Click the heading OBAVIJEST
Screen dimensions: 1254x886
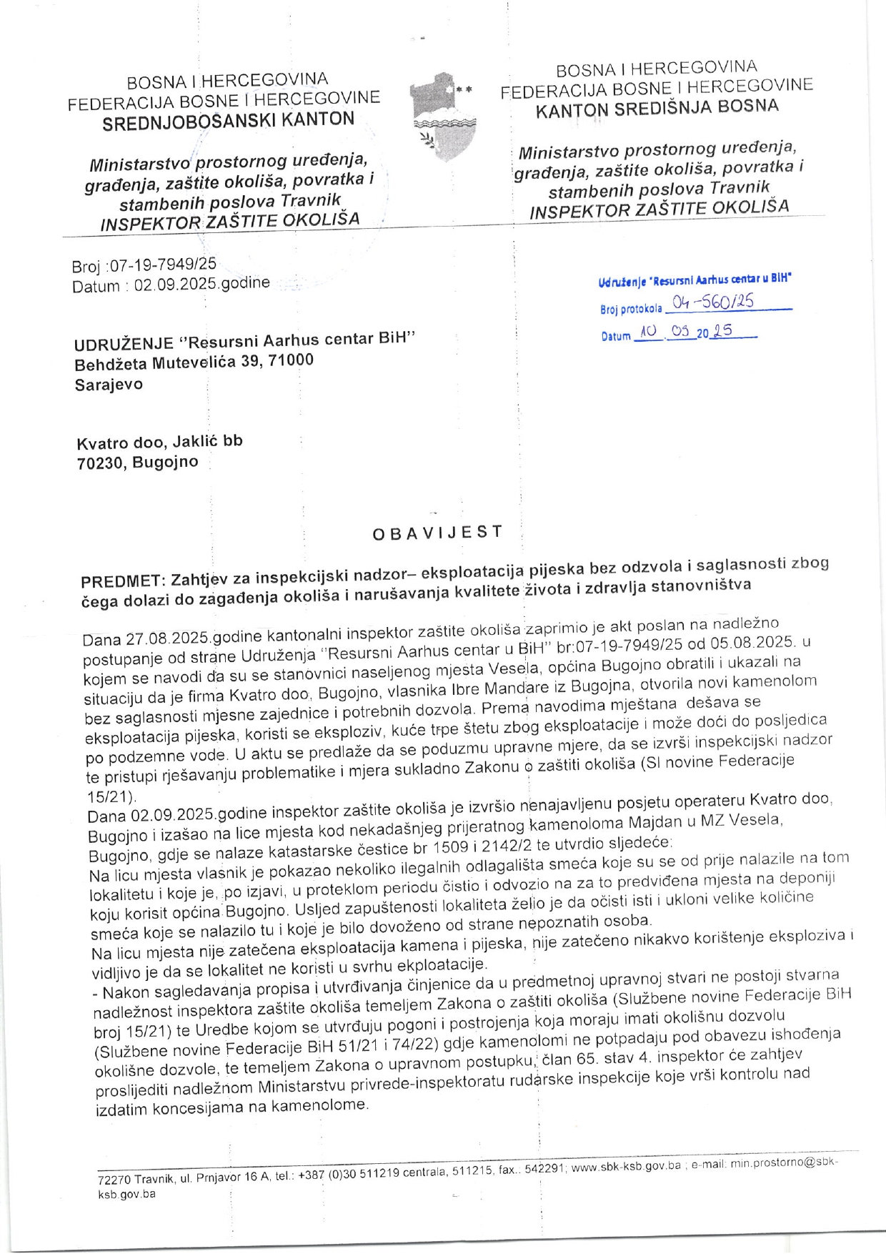pos(437,533)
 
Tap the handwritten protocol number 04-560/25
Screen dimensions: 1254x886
pos(712,302)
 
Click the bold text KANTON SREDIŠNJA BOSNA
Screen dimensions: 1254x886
pos(657,108)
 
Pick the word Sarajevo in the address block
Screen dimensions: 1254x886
pos(109,385)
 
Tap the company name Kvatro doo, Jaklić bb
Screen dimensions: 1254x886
pos(159,442)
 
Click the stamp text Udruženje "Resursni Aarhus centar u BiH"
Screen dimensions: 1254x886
pos(695,280)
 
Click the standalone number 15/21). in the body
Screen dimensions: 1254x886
pos(111,796)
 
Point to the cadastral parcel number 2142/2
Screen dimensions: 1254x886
pos(506,846)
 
